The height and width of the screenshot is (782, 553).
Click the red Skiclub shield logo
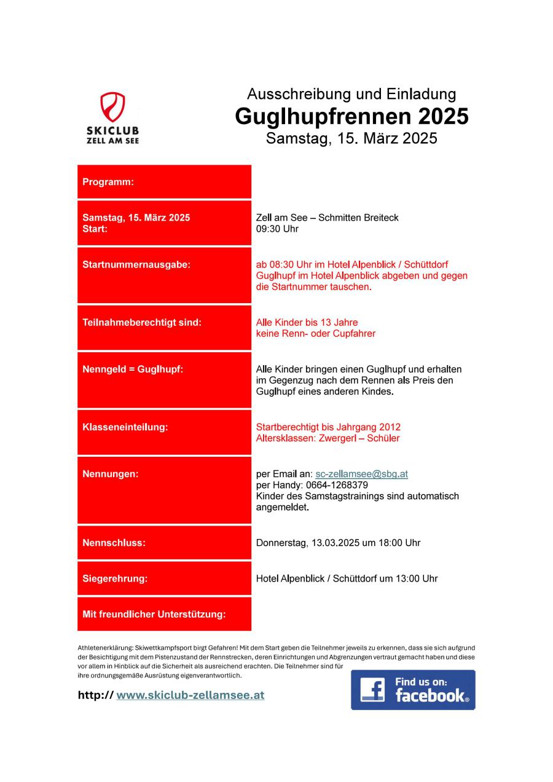(112, 107)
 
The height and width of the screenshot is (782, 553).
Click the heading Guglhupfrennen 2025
(351, 116)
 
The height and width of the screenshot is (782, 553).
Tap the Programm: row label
(108, 182)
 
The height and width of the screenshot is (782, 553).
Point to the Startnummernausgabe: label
(136, 265)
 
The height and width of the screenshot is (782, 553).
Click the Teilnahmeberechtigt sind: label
(142, 322)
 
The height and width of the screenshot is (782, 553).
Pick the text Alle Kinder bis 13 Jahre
(307, 322)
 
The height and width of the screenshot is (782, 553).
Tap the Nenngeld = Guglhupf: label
(133, 369)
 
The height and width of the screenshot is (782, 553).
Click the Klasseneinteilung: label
(125, 427)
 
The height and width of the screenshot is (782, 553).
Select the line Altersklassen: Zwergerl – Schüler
(327, 438)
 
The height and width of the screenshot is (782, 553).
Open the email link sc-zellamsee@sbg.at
(361, 474)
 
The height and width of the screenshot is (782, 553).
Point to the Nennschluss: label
(114, 543)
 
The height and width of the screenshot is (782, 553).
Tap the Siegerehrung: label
(115, 579)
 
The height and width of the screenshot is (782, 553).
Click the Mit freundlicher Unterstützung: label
(154, 614)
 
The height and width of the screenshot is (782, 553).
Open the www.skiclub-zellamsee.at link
(190, 695)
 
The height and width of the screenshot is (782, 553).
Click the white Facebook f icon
(372, 690)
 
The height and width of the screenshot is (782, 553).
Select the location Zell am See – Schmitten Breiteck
(327, 218)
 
